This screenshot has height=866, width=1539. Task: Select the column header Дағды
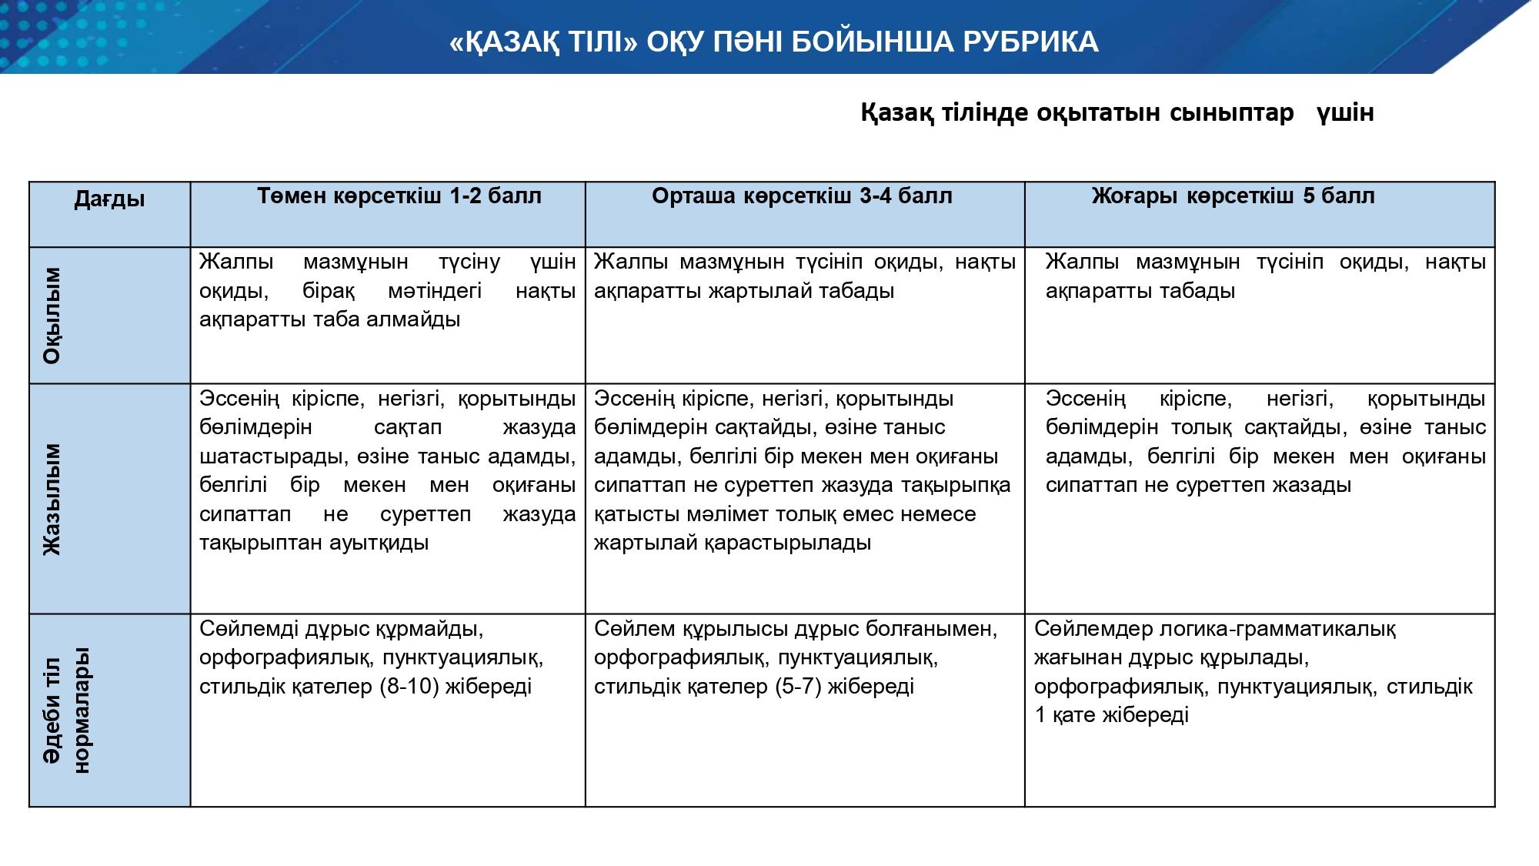(x=109, y=199)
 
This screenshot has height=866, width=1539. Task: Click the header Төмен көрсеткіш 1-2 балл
(x=399, y=196)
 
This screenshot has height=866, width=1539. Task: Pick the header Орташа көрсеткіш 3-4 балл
(x=802, y=196)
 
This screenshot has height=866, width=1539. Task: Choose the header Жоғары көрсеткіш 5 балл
(x=1233, y=196)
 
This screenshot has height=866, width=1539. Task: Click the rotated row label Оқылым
(x=52, y=316)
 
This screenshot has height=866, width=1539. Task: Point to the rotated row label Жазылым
(x=52, y=499)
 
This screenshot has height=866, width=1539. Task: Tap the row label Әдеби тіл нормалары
(x=67, y=710)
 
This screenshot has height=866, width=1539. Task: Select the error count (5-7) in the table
(x=796, y=687)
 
